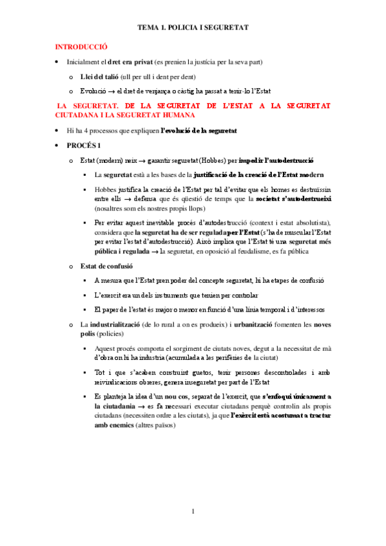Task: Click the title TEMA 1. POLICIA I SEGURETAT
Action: pos(193,28)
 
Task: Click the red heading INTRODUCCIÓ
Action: pos(81,47)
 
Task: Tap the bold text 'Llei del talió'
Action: pos(99,77)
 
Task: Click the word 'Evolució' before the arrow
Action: pos(93,91)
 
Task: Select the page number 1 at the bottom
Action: pos(192,512)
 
